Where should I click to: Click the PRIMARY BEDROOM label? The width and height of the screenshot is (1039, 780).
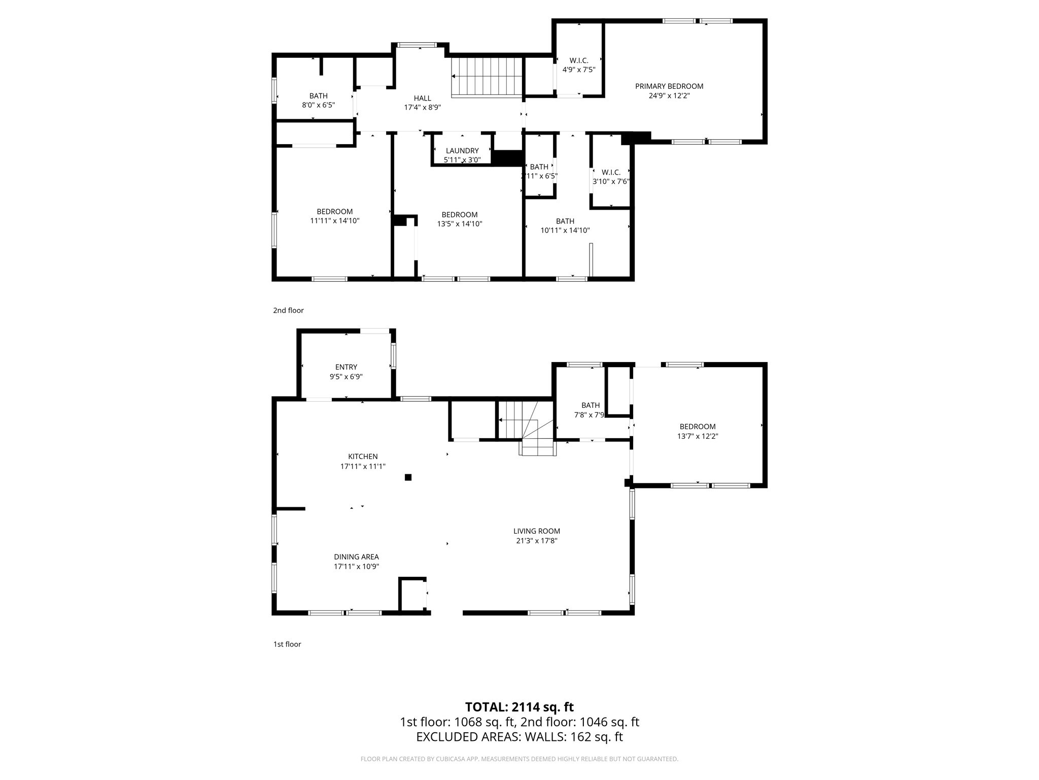[x=669, y=86]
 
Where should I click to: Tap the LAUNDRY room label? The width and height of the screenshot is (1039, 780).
[x=462, y=151]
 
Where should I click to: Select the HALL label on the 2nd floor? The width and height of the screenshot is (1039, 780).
[x=422, y=99]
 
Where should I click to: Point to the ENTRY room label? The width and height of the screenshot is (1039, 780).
[x=346, y=367]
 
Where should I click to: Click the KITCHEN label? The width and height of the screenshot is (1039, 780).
[x=363, y=457]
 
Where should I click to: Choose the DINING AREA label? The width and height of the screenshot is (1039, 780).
[x=356, y=557]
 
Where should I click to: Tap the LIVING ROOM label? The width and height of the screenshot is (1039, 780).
[x=537, y=531]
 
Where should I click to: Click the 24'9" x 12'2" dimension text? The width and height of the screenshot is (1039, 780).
[x=669, y=95]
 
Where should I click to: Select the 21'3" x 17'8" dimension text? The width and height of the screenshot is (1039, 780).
[x=537, y=541]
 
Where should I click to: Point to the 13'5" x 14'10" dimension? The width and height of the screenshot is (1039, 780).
[x=460, y=224]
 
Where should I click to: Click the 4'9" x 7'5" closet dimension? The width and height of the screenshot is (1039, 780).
[x=579, y=70]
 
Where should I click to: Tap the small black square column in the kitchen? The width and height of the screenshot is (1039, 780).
[x=408, y=477]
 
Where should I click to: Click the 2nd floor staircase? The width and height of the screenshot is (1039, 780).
[x=487, y=77]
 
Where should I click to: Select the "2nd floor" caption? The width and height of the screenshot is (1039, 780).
[x=288, y=310]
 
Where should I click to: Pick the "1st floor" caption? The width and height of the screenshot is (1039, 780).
[x=287, y=644]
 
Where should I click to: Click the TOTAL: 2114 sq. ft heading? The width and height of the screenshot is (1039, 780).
[x=519, y=707]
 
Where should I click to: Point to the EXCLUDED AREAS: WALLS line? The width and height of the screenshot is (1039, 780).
[x=519, y=737]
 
